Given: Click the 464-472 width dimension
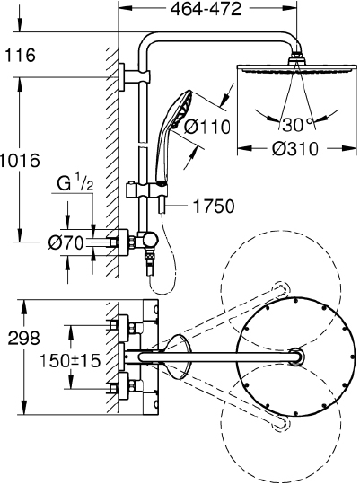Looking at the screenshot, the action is click(206, 9).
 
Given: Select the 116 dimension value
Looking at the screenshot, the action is click(20, 55).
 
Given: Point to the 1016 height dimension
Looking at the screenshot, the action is click(20, 160).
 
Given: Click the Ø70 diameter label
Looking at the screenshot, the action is click(66, 242).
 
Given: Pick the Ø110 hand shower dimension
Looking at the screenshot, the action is click(207, 127).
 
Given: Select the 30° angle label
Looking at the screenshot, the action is click(297, 125).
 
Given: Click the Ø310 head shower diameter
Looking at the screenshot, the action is click(294, 149).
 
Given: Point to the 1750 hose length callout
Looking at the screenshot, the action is click(214, 206).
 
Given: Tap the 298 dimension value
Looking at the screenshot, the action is click(24, 338).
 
